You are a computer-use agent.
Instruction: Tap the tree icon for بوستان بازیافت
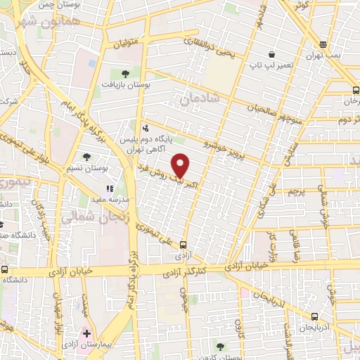tap(125, 72)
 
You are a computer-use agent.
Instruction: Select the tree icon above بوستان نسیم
tap(86, 157)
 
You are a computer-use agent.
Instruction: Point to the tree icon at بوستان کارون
tap(221, 346)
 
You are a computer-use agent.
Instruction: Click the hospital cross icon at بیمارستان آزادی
tap(86, 332)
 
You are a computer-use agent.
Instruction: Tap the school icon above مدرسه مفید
tap(109, 188)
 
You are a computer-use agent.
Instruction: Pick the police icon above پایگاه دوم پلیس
tap(145, 128)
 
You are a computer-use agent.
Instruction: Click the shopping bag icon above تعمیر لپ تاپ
tap(271, 54)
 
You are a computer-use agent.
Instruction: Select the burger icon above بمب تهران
tap(323, 44)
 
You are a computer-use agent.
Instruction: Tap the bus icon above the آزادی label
tap(183, 245)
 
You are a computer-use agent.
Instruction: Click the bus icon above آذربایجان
tap(314, 316)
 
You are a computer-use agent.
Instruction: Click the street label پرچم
tap(296, 191)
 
